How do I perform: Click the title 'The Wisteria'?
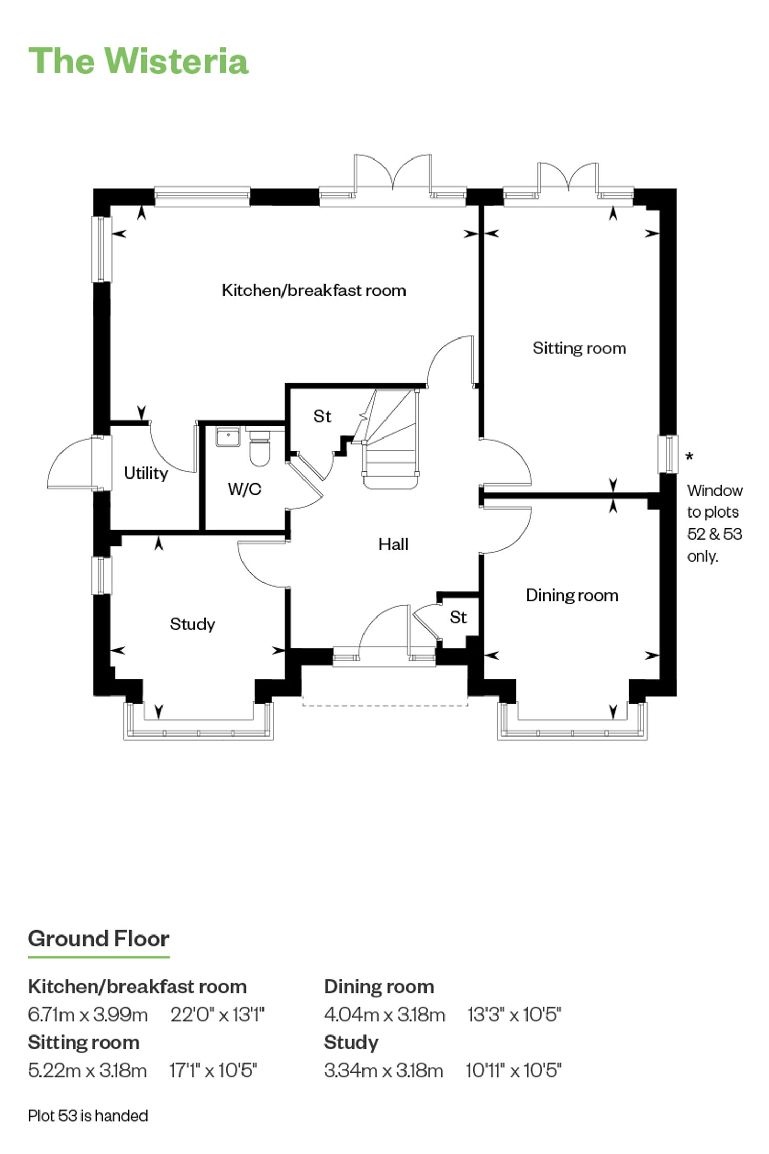(x=138, y=61)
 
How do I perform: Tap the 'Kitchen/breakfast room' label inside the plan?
(x=314, y=290)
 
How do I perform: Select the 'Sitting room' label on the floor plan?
(x=579, y=348)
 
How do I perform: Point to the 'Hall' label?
(x=393, y=544)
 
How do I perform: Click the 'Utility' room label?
(x=146, y=473)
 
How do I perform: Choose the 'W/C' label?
(x=245, y=489)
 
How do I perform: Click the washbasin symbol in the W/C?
(x=228, y=436)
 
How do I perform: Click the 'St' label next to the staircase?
(x=322, y=416)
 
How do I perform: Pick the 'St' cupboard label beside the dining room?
(x=458, y=618)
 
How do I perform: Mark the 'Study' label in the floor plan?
(x=192, y=624)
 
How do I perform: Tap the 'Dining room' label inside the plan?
(x=572, y=595)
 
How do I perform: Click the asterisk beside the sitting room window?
(x=690, y=455)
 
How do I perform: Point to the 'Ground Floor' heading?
(x=98, y=939)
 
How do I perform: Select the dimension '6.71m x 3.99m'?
(x=88, y=1014)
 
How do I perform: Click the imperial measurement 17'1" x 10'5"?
(x=213, y=1070)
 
